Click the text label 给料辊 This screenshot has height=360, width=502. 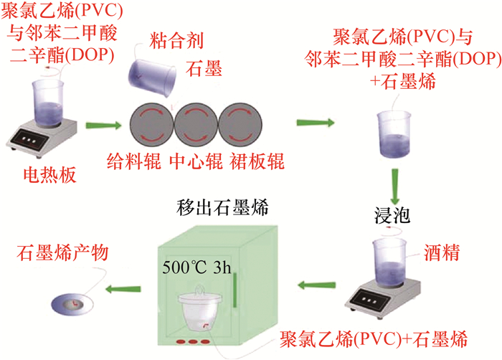[133, 160]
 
